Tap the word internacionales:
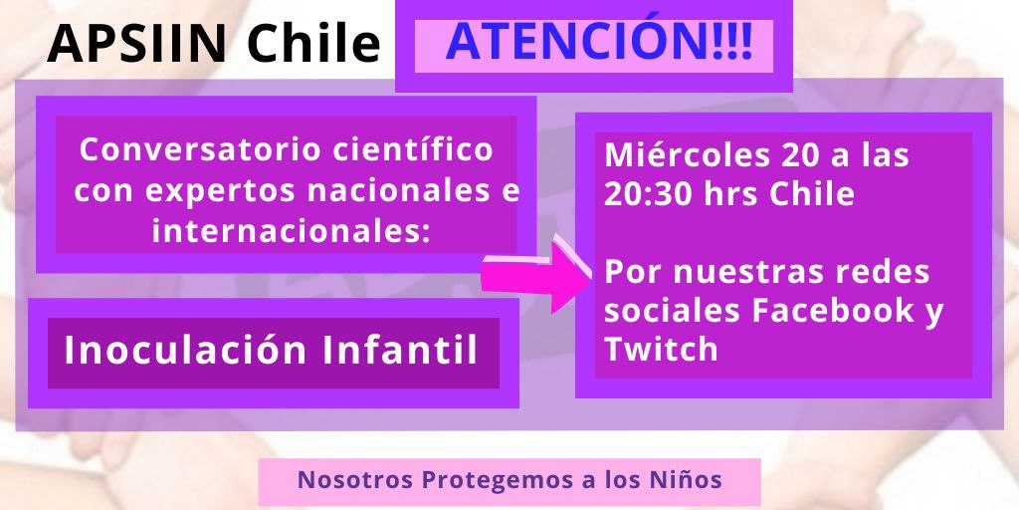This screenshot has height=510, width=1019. pyautogui.click(x=292, y=231)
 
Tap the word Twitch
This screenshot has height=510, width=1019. pyautogui.click(x=661, y=349)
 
